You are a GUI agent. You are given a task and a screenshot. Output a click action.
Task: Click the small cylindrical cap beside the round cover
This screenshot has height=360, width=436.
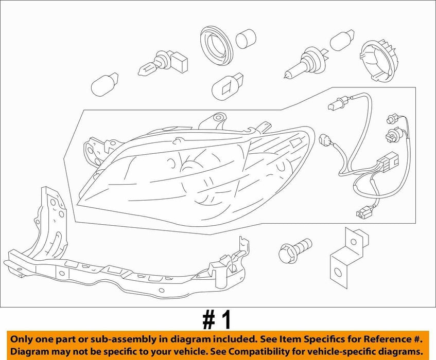(x=246, y=38)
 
